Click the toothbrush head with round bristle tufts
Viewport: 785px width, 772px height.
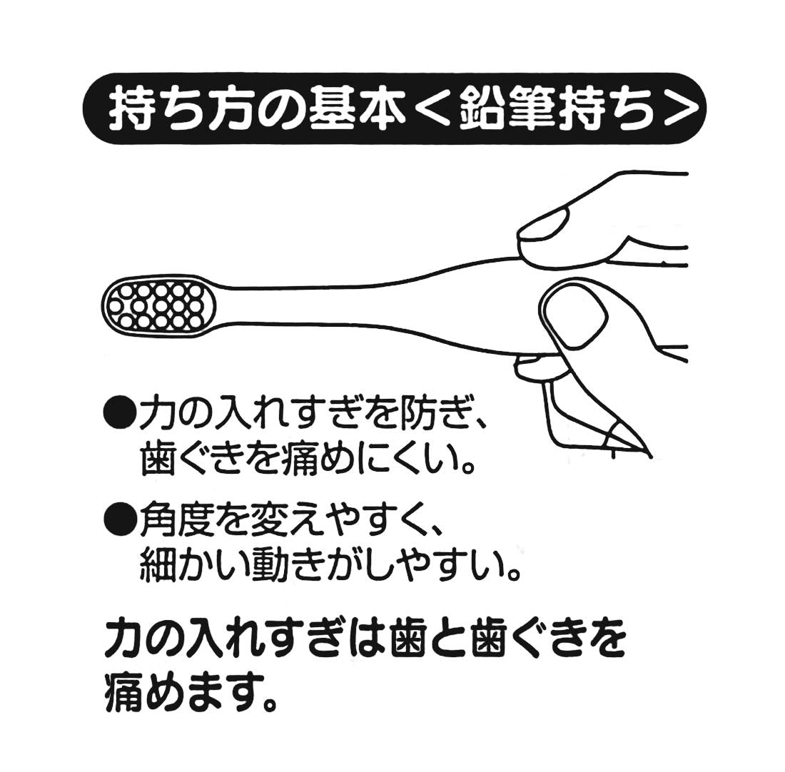click(161, 305)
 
